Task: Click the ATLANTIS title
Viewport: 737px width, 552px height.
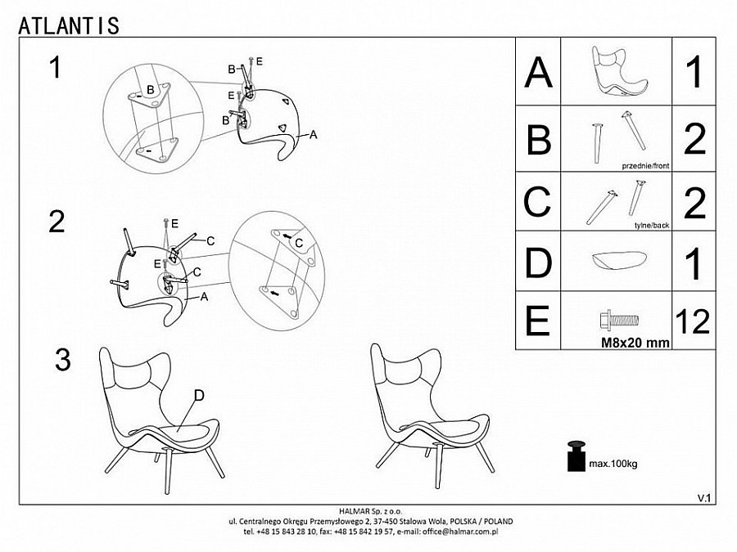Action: (69, 26)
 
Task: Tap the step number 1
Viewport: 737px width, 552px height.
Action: (56, 67)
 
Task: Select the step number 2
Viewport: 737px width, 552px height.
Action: (57, 222)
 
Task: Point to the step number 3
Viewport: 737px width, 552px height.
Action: (63, 360)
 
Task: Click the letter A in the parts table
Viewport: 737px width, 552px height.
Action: (538, 72)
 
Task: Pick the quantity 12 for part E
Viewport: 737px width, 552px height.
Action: (692, 321)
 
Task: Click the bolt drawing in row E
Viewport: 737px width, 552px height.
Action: (620, 321)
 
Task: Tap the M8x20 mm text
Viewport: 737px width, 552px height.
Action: (635, 343)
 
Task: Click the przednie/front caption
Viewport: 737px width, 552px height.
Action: (645, 166)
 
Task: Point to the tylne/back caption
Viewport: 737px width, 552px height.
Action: (652, 226)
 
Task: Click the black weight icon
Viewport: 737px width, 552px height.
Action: (576, 456)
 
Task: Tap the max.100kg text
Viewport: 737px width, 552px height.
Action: (613, 464)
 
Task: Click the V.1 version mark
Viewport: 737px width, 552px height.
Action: (703, 499)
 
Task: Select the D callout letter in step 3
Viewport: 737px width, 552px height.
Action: (199, 396)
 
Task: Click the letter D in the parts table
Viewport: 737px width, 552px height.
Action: (538, 263)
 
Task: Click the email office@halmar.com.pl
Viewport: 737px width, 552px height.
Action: (460, 532)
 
